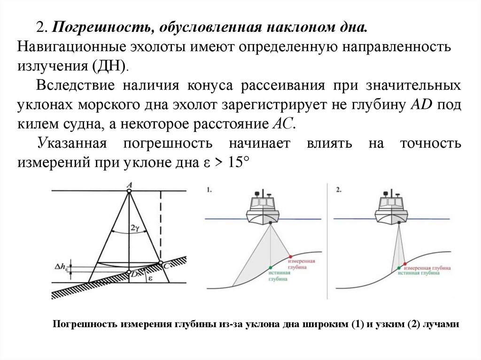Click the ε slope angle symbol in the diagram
pos(150,278)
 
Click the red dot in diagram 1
pos(291,254)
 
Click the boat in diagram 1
pos(266,209)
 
